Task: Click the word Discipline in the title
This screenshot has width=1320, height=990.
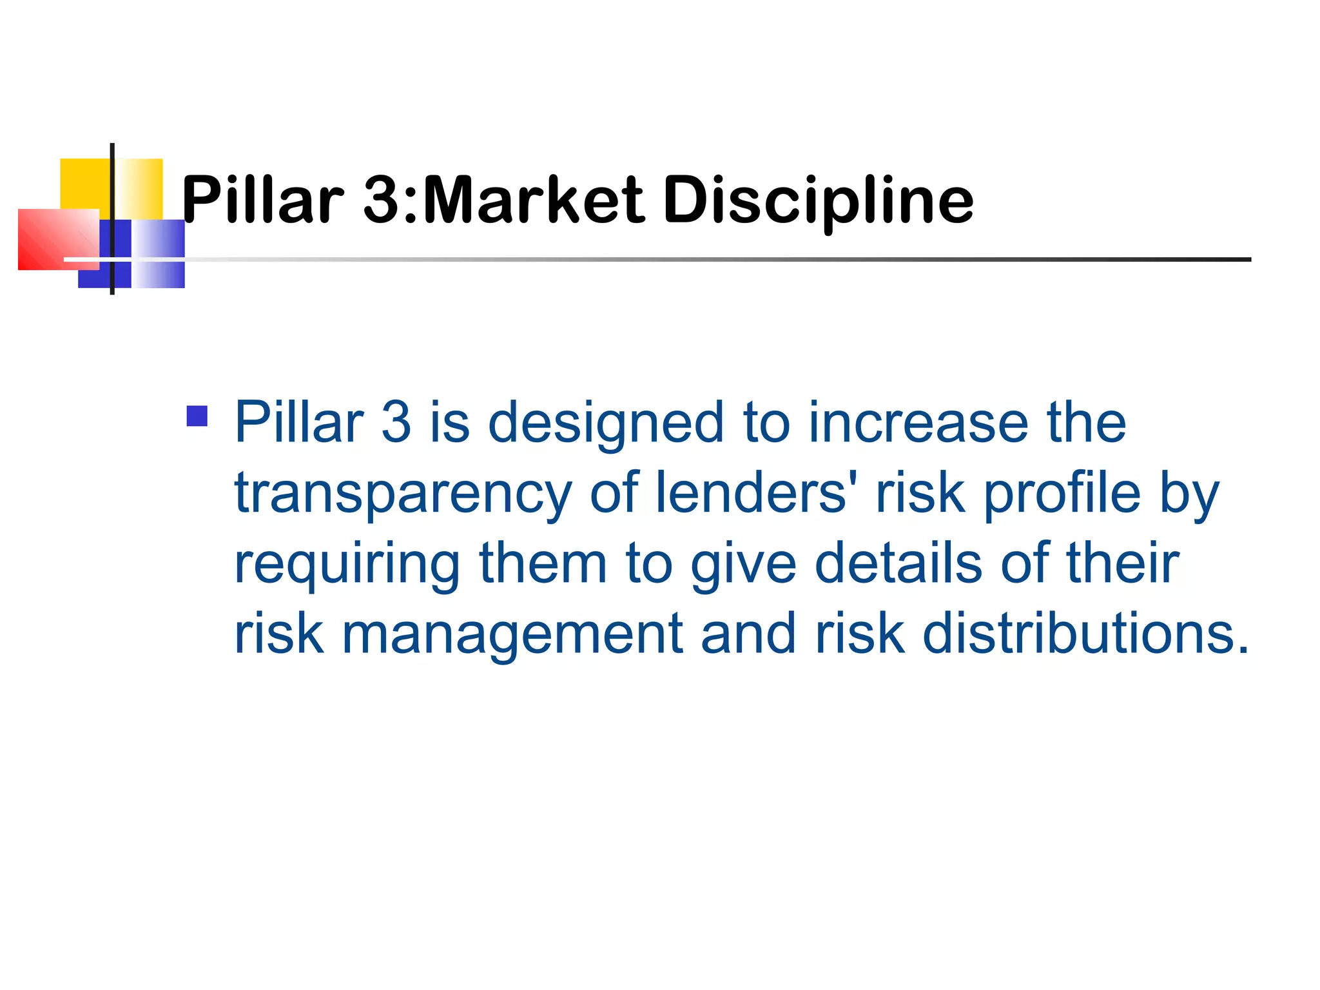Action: tap(818, 201)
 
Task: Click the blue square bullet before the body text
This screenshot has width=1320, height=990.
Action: tap(197, 416)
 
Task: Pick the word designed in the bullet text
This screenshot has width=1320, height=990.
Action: tap(606, 423)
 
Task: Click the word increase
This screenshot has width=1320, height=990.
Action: tap(918, 423)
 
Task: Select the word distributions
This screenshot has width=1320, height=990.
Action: tap(1076, 634)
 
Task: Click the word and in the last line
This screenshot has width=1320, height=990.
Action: tap(748, 634)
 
